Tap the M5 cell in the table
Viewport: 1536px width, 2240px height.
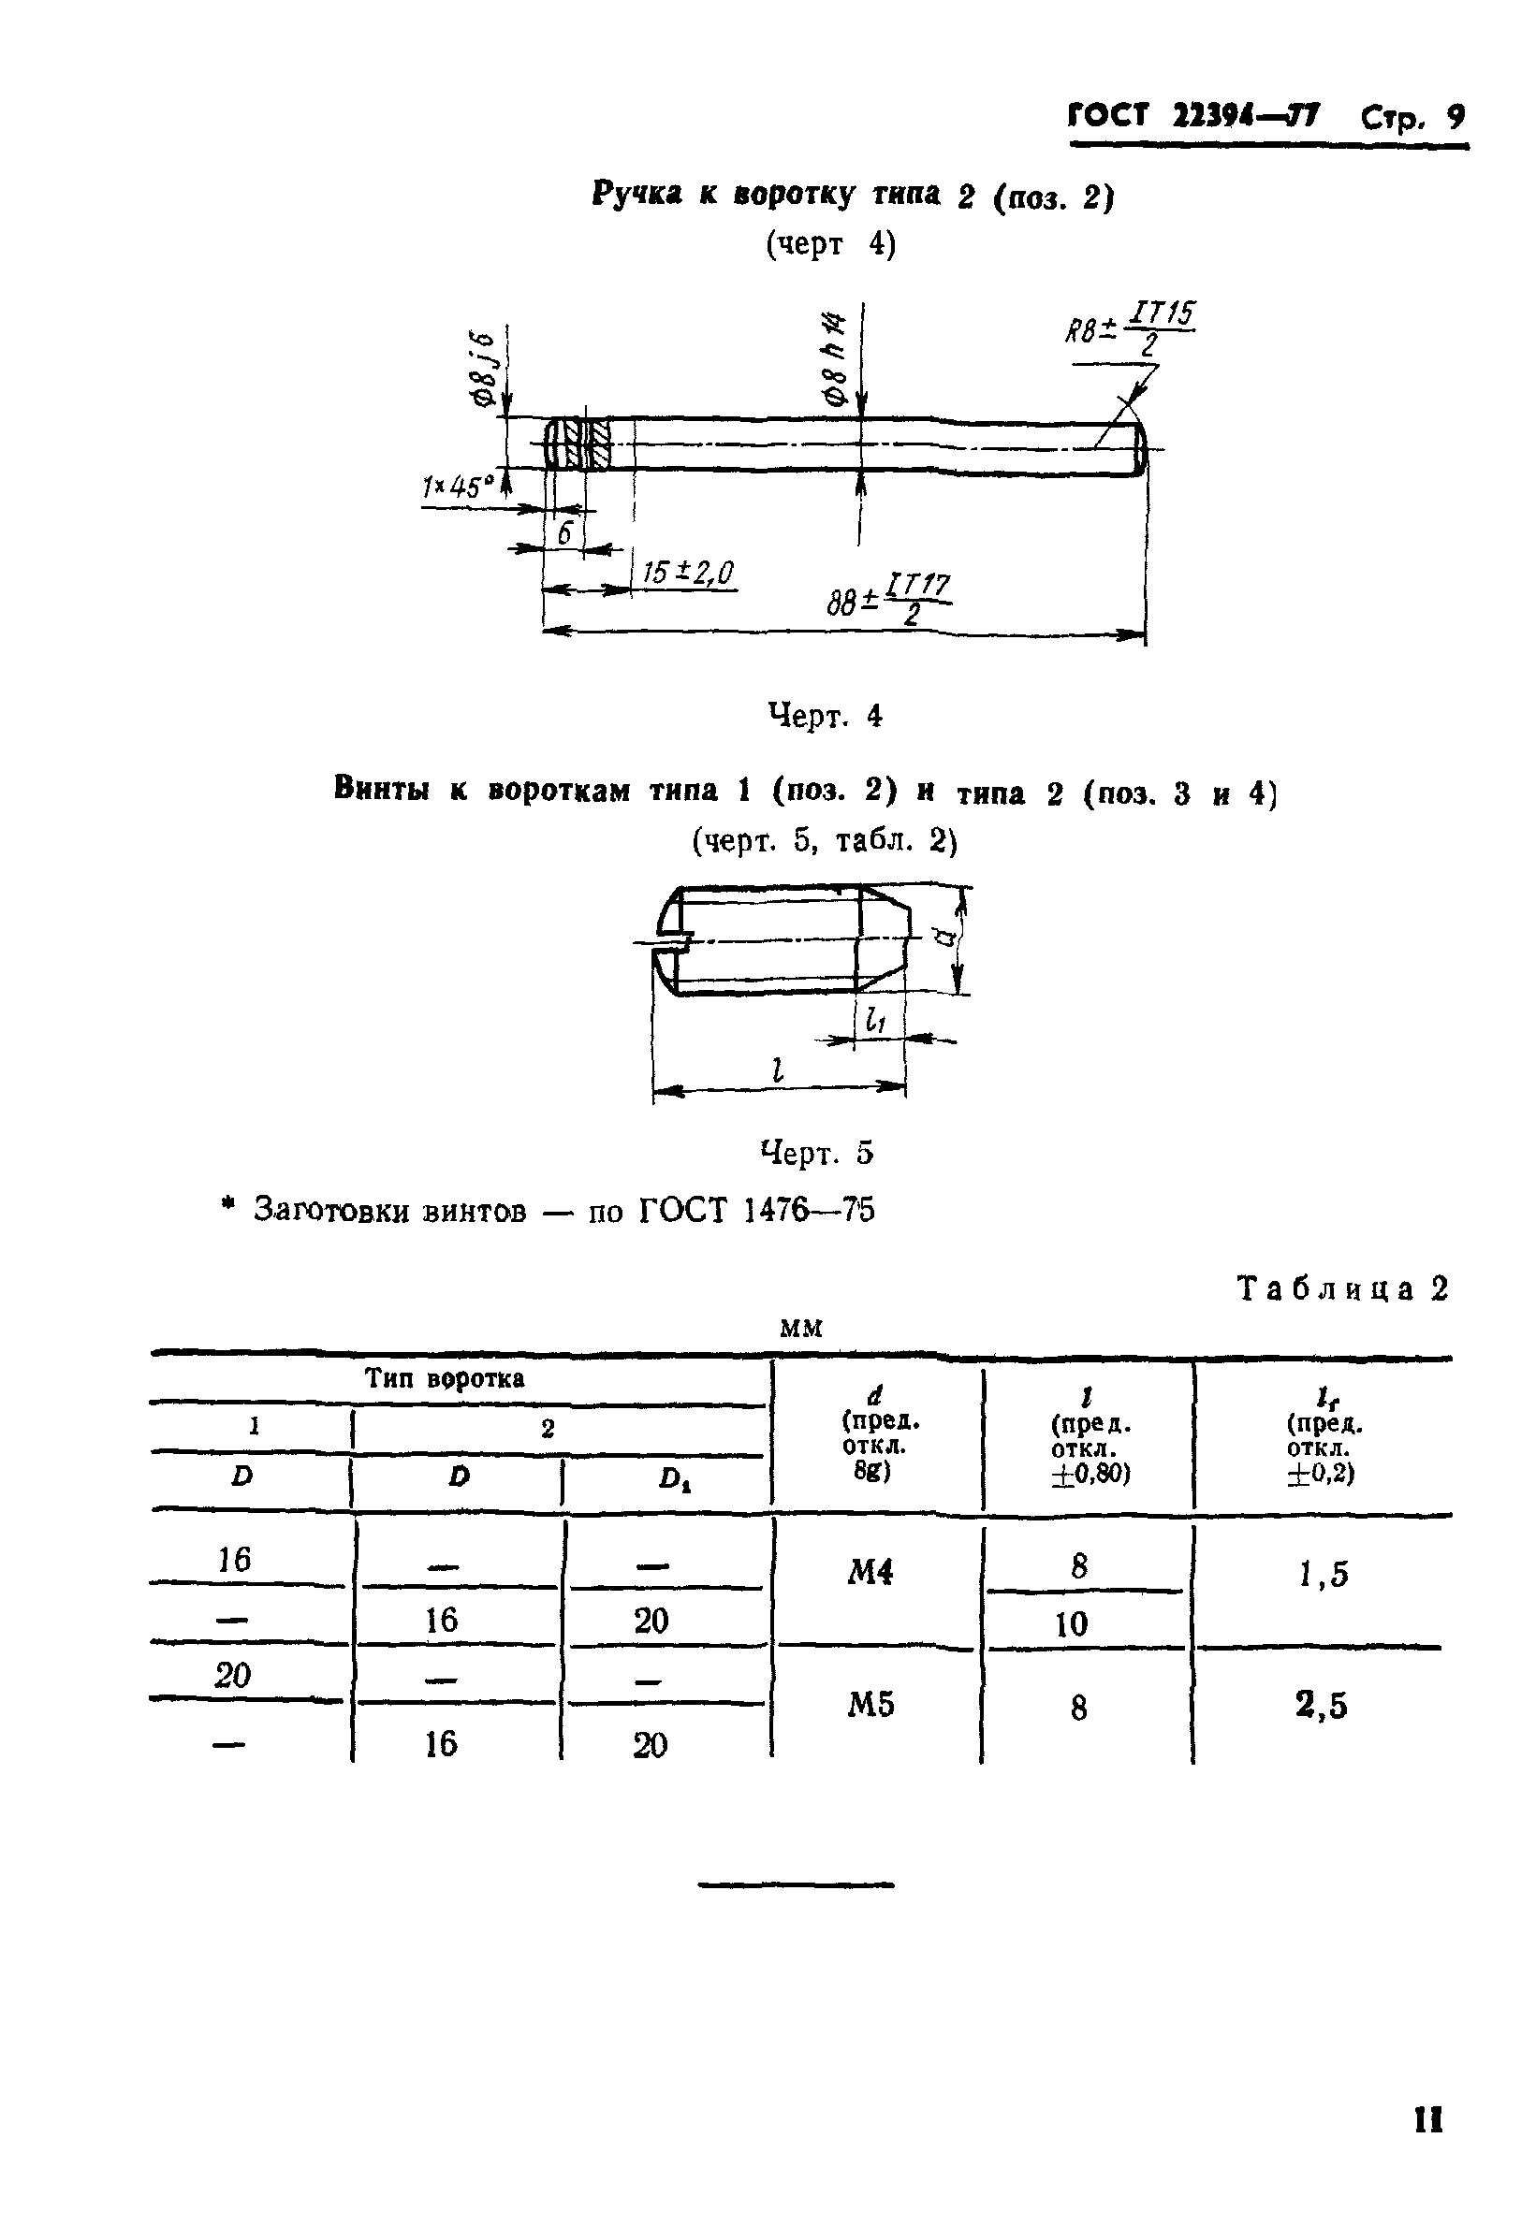[x=870, y=1705]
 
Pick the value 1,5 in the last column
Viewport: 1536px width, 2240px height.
[x=1323, y=1574]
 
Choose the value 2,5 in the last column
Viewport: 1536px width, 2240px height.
[x=1321, y=1705]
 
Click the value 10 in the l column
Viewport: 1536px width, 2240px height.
[x=1071, y=1624]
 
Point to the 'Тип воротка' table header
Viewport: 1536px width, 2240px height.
[x=445, y=1378]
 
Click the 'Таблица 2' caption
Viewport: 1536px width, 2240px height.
[x=1342, y=1288]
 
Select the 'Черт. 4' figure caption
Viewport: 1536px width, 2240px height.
[x=825, y=715]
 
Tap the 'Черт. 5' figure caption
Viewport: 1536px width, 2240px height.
[x=817, y=1152]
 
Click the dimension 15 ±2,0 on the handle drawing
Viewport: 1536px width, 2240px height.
[x=687, y=573]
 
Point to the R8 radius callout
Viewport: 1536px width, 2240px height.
[x=1128, y=328]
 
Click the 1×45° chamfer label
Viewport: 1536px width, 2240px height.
[x=457, y=487]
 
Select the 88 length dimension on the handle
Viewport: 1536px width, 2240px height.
[x=887, y=599]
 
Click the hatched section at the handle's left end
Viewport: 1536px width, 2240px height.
[x=584, y=444]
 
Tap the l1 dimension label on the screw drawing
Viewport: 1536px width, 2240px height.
[x=874, y=1020]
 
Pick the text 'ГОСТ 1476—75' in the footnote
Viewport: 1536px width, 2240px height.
[x=757, y=1210]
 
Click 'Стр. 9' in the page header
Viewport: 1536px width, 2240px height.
[x=1412, y=118]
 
